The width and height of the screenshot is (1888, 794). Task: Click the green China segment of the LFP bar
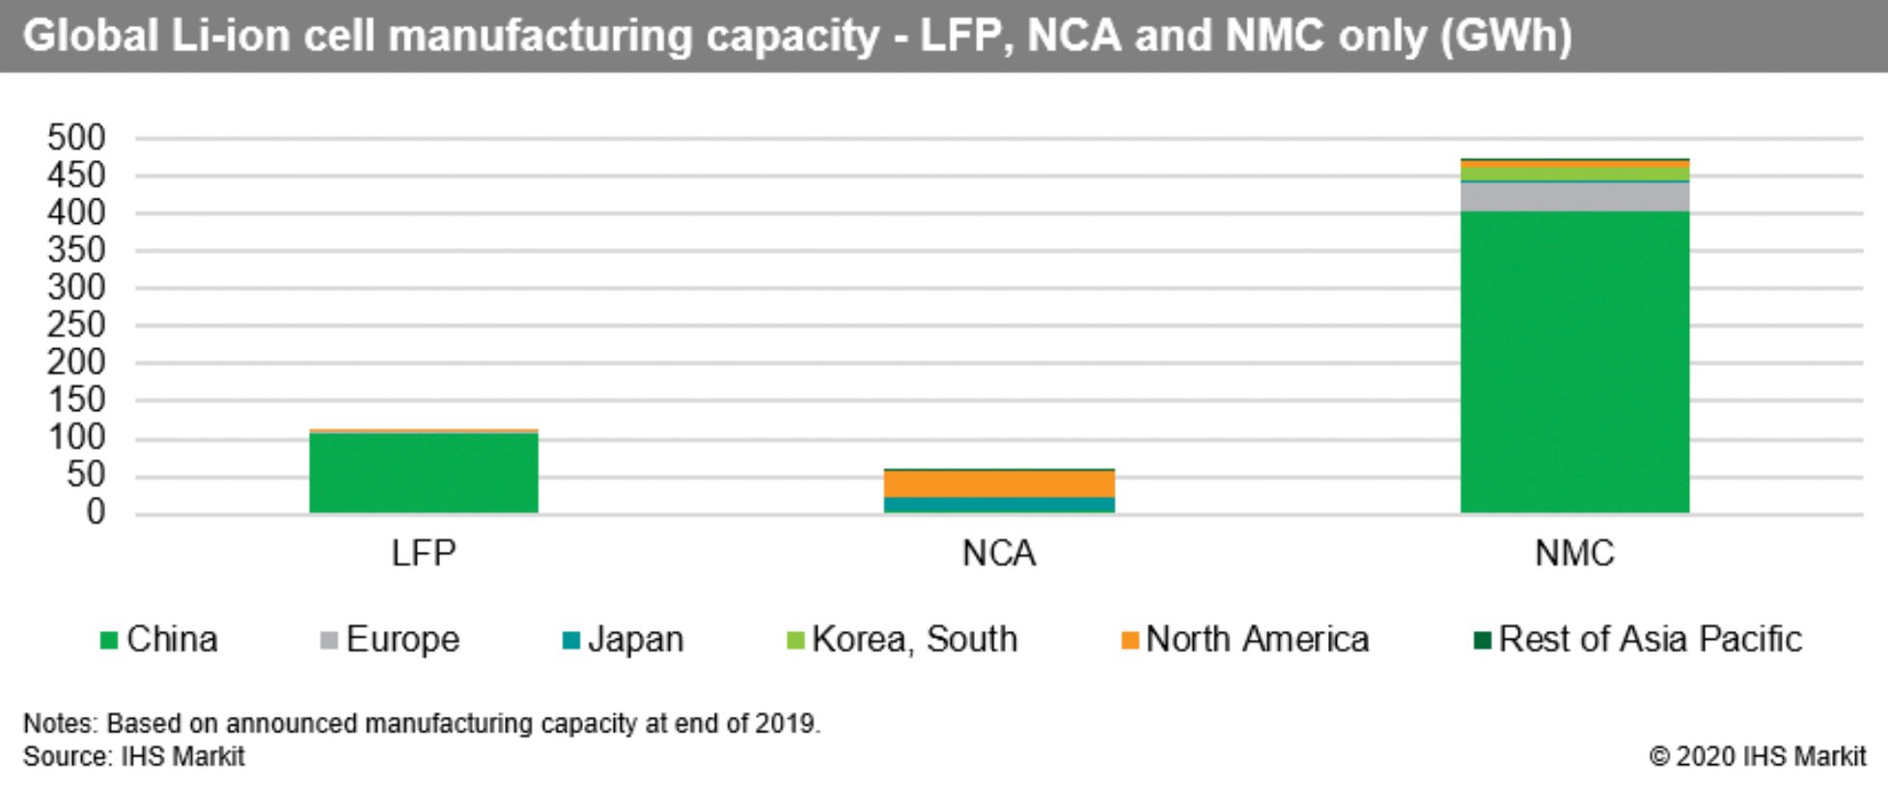(x=424, y=472)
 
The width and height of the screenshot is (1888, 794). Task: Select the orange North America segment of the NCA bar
(x=999, y=483)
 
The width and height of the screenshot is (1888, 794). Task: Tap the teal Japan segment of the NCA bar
(x=999, y=505)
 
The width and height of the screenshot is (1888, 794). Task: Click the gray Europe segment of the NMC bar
(x=1574, y=197)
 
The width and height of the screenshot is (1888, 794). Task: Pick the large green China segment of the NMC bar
(x=1574, y=362)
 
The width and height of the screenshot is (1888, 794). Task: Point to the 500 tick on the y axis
(x=76, y=138)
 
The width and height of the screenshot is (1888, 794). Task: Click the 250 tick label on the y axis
(x=76, y=325)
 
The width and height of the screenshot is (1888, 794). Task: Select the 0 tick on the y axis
(x=95, y=511)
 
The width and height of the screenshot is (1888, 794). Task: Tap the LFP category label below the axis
(x=424, y=553)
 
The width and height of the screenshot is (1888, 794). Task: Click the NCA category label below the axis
(x=999, y=553)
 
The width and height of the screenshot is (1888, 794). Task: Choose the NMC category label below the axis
(x=1574, y=553)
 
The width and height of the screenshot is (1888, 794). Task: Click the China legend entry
(x=160, y=639)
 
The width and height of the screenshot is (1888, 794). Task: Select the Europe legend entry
(x=391, y=639)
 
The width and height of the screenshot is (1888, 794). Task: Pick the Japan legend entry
(x=624, y=639)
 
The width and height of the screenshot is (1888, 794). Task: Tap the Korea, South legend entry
(x=902, y=639)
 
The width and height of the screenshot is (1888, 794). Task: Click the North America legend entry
(x=1245, y=639)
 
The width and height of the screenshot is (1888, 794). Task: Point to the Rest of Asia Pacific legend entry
(x=1638, y=639)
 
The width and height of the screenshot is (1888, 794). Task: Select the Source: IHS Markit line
(x=134, y=756)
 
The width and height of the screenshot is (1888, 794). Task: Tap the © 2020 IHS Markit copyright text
(x=1757, y=756)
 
